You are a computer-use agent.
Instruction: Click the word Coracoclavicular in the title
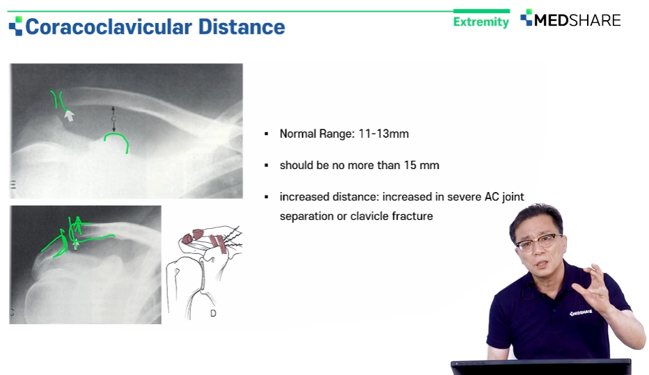tap(109, 27)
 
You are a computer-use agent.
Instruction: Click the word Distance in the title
tap(242, 27)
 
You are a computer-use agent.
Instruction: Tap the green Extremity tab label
tap(481, 22)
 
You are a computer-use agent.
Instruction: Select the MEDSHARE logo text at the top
tap(577, 20)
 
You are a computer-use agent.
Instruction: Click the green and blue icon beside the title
tap(16, 26)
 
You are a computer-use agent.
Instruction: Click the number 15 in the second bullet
tap(409, 166)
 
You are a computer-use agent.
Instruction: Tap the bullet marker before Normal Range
tap(266, 134)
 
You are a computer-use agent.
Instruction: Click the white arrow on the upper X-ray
tap(69, 115)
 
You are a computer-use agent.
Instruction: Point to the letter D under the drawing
tap(213, 313)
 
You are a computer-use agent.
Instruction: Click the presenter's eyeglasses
tap(538, 241)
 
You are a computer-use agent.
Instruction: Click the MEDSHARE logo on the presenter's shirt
tap(581, 313)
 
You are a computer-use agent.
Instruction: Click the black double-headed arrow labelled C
tap(114, 119)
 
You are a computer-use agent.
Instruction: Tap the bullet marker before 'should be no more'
tap(266, 166)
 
